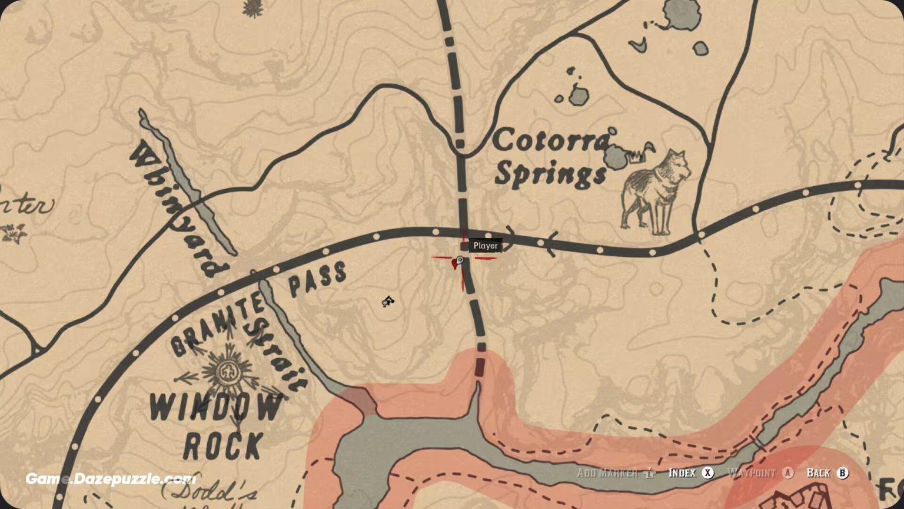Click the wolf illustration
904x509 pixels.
656,191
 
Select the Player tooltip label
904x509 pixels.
486,246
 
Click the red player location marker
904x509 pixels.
455,264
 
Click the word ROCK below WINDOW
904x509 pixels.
222,446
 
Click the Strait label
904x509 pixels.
277,353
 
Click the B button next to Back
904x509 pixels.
843,473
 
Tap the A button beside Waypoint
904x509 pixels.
787,473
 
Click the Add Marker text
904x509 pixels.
607,473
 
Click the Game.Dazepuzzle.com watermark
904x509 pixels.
111,479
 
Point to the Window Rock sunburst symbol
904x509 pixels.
227,372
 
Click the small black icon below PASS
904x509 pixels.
387,302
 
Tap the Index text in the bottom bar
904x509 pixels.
682,473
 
